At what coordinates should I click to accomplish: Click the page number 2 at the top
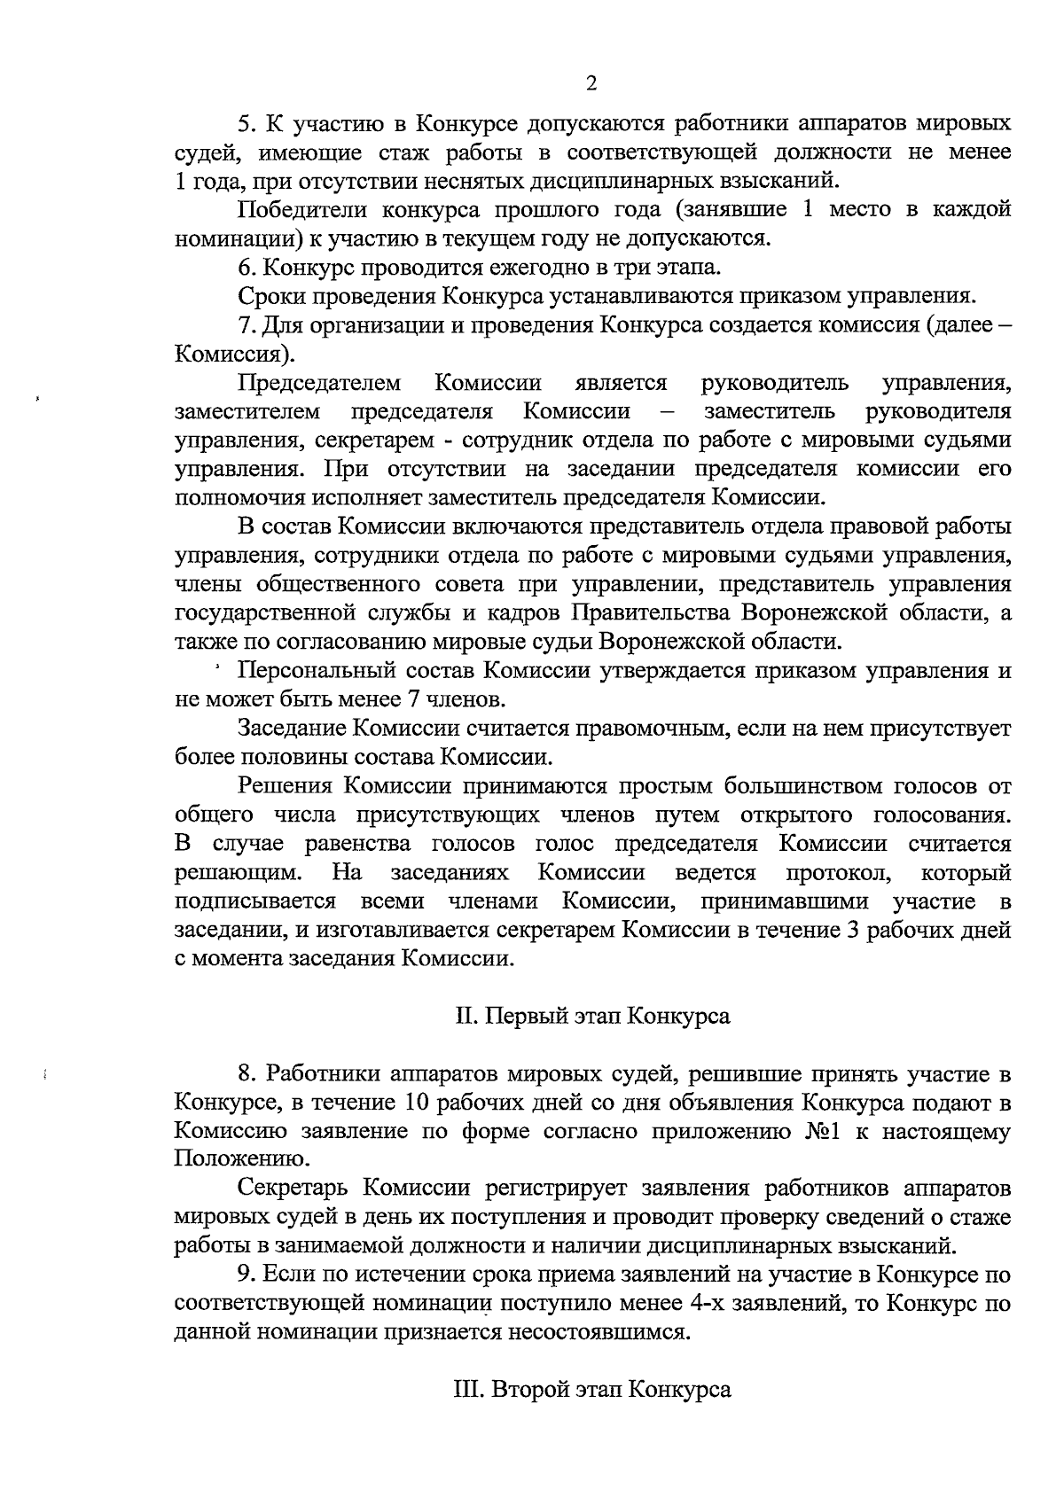click(592, 84)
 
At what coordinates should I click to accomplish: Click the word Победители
click(301, 210)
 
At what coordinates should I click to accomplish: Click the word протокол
click(838, 872)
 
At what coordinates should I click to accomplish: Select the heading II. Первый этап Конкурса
click(592, 1016)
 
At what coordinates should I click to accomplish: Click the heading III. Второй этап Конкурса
click(592, 1390)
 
